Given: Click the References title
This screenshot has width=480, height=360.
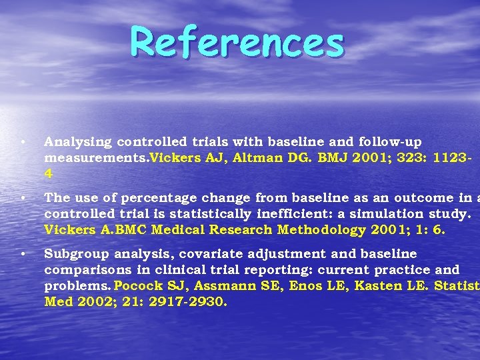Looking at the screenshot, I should (x=237, y=42).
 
